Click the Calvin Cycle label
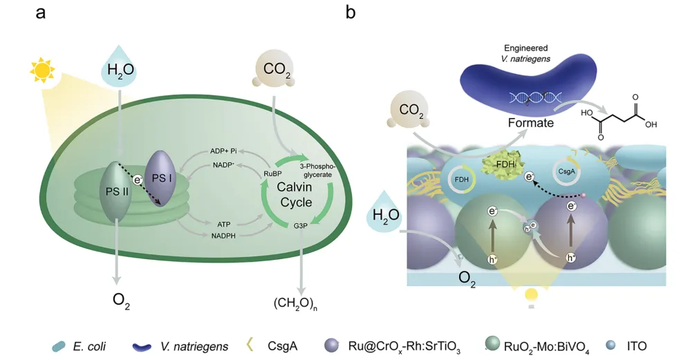click(294, 194)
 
